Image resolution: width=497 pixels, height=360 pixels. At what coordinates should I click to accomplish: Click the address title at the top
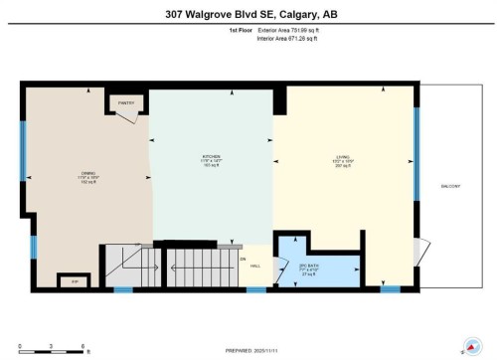point(248,13)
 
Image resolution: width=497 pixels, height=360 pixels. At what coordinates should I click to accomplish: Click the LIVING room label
point(343,160)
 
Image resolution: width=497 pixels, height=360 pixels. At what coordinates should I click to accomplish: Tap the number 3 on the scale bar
point(52,345)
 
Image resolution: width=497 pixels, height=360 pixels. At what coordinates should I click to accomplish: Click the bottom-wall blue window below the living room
point(391,288)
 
